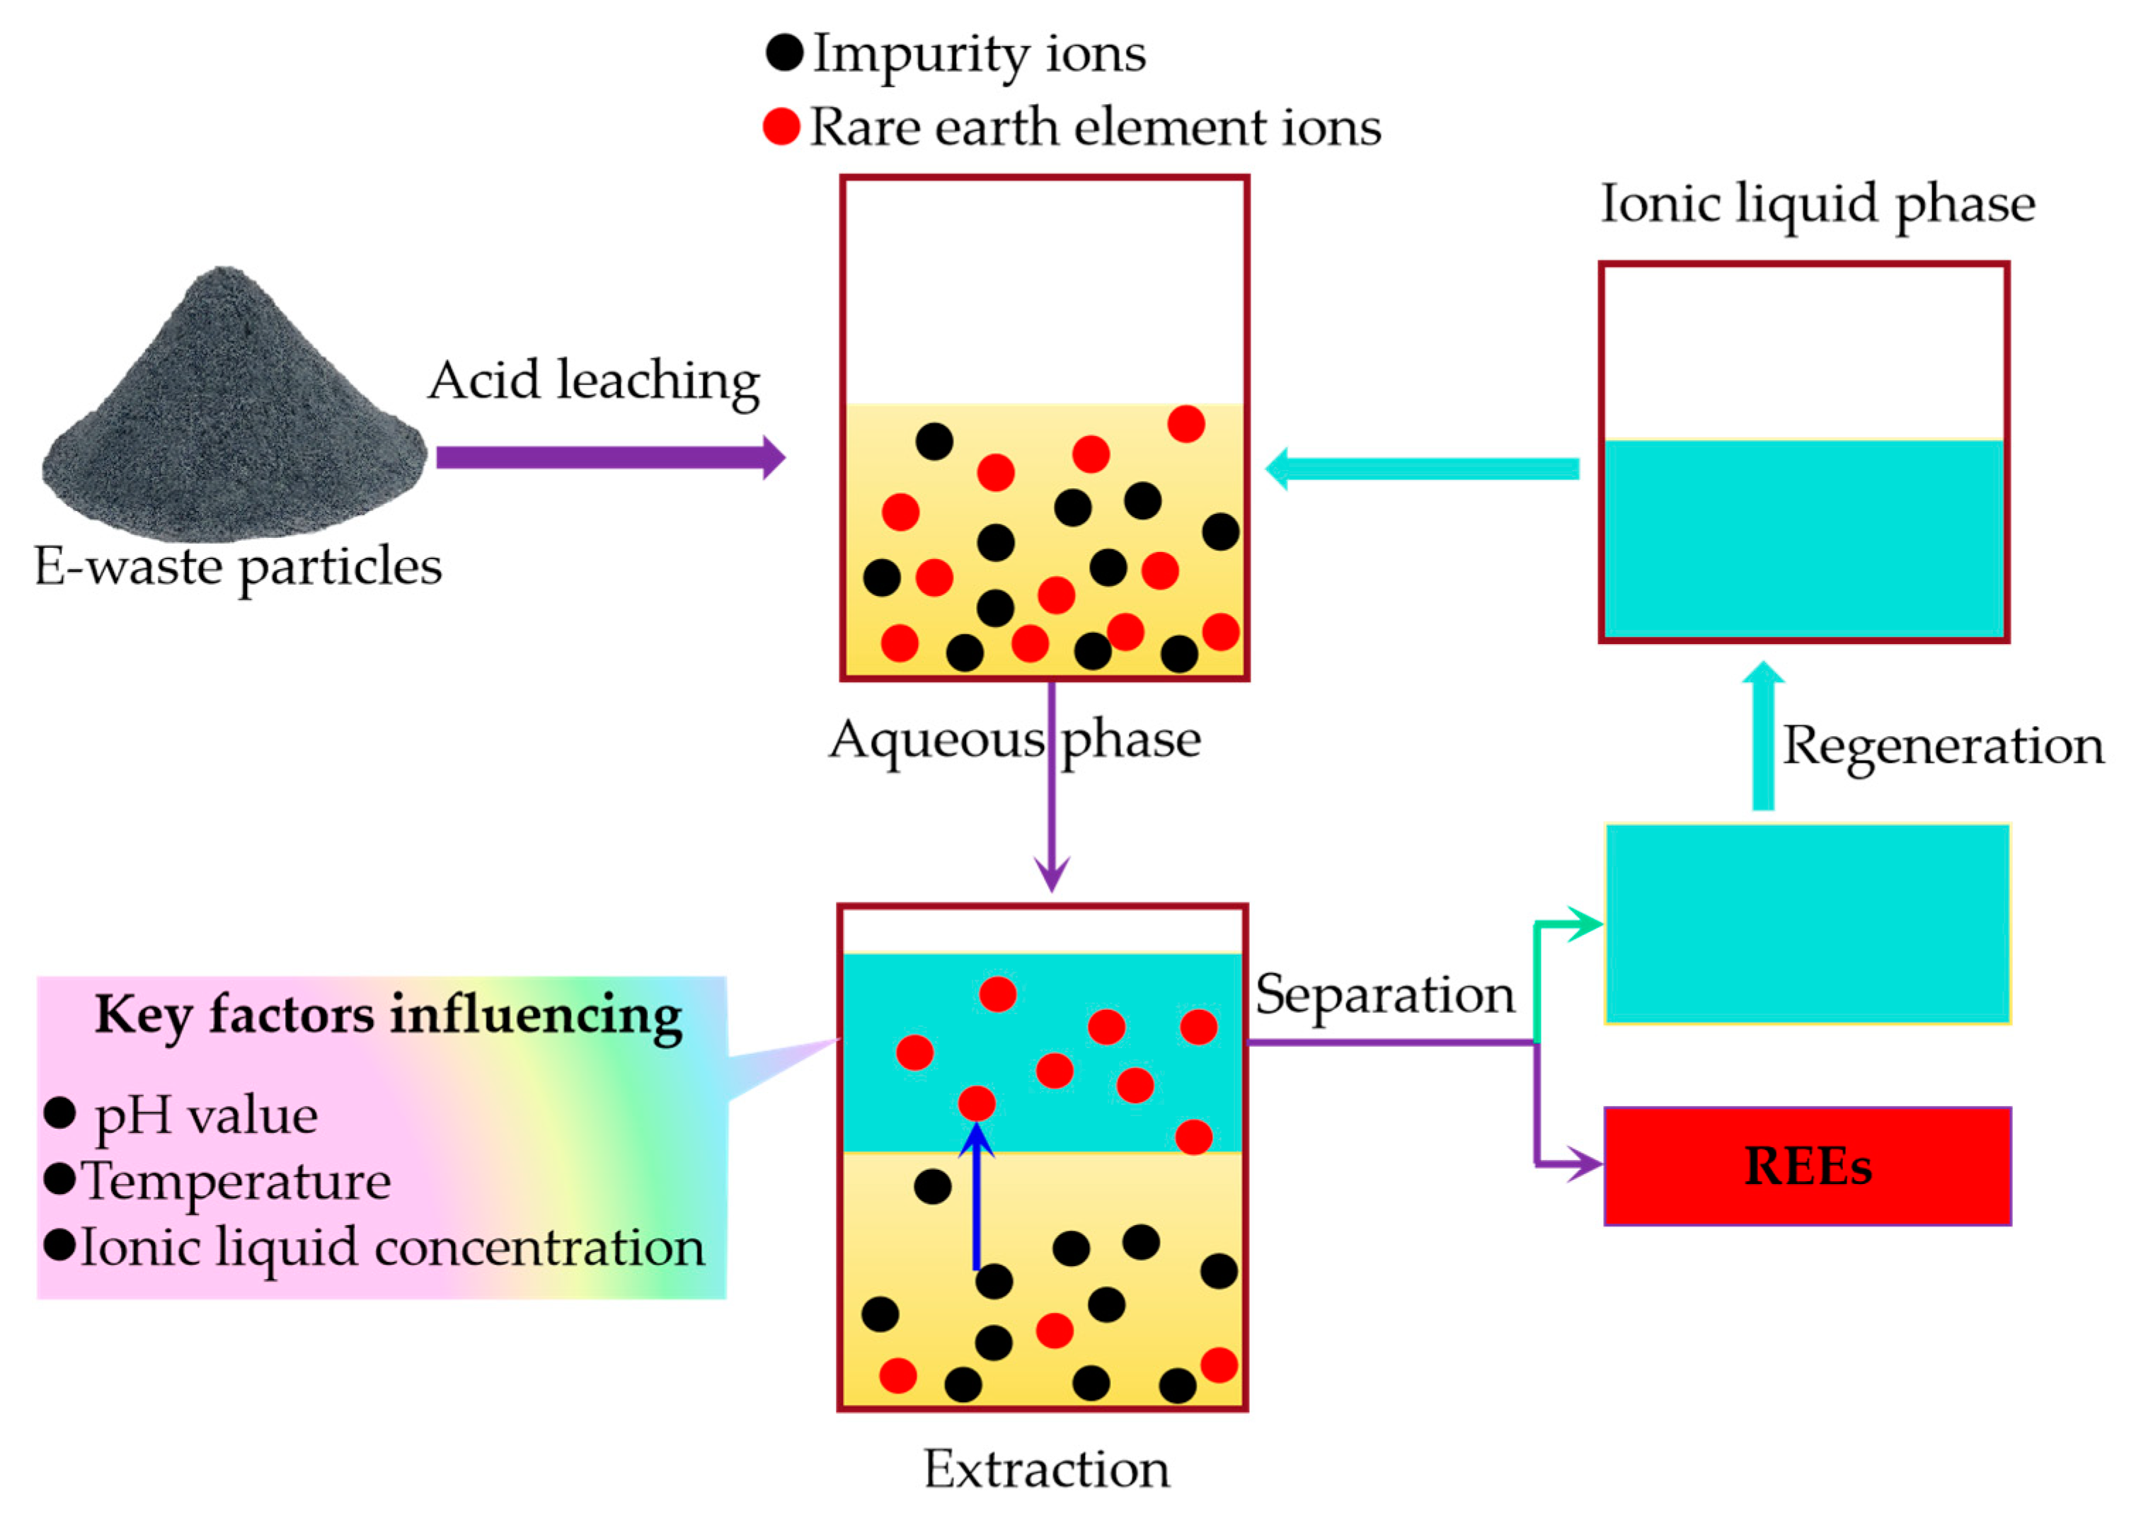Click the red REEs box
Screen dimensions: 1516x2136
coord(1806,1166)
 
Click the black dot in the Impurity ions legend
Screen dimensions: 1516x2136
coord(784,53)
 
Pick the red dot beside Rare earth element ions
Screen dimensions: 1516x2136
coord(781,126)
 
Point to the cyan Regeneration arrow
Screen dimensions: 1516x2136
coord(1762,737)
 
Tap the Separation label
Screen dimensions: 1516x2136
coord(1384,995)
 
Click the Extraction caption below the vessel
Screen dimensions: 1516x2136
coord(1045,1469)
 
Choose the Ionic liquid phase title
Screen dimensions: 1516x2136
coord(1818,205)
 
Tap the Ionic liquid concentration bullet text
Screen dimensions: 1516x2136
coord(392,1248)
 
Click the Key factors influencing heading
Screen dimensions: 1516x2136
coord(389,1016)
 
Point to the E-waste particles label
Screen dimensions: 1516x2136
coord(238,567)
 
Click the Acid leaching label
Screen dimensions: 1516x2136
coord(594,381)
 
